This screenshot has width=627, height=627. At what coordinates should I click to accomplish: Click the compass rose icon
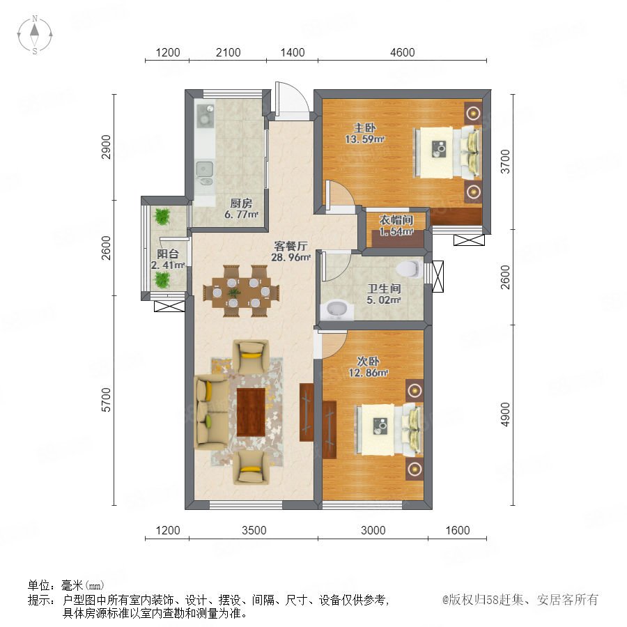pyautogui.click(x=35, y=35)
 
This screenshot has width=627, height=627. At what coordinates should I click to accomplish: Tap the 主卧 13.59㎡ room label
pyautogui.click(x=364, y=134)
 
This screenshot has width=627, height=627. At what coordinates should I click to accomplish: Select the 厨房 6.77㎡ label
pyautogui.click(x=241, y=209)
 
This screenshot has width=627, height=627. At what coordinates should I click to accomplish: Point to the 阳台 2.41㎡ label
pyautogui.click(x=167, y=259)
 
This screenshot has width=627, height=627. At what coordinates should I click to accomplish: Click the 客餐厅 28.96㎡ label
pyautogui.click(x=291, y=251)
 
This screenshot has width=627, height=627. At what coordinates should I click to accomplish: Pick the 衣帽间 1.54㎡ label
pyautogui.click(x=396, y=226)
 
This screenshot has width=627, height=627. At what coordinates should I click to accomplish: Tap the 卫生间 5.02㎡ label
pyautogui.click(x=384, y=294)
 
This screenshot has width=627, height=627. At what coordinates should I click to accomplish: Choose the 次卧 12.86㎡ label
pyautogui.click(x=369, y=367)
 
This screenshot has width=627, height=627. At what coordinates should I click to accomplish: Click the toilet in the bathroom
pyautogui.click(x=409, y=269)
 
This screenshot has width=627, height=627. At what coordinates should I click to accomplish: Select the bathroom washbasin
pyautogui.click(x=337, y=309)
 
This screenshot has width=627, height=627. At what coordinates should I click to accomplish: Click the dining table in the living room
pyautogui.click(x=241, y=291)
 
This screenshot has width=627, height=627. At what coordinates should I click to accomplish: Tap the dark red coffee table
pyautogui.click(x=251, y=412)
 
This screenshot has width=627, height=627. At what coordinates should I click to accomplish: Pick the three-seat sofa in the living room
pyautogui.click(x=211, y=412)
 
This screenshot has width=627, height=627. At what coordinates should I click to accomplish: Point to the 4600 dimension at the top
pyautogui.click(x=402, y=52)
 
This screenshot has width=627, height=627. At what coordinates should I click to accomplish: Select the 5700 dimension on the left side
pyautogui.click(x=106, y=399)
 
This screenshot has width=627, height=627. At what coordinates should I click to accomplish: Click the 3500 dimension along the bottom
pyautogui.click(x=254, y=530)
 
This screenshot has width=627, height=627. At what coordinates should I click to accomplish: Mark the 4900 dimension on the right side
pyautogui.click(x=506, y=415)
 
